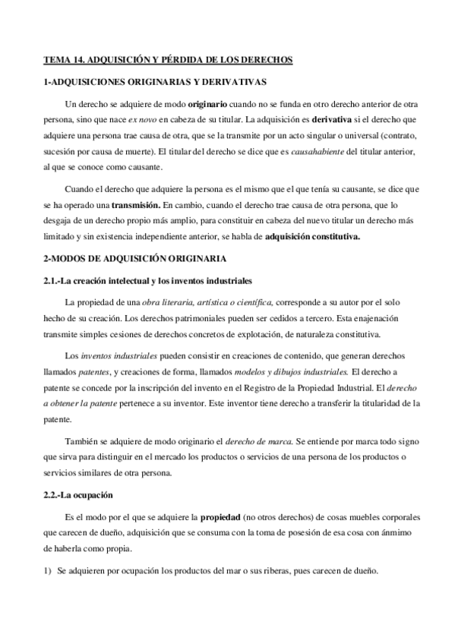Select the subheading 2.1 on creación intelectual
point(148,280)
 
